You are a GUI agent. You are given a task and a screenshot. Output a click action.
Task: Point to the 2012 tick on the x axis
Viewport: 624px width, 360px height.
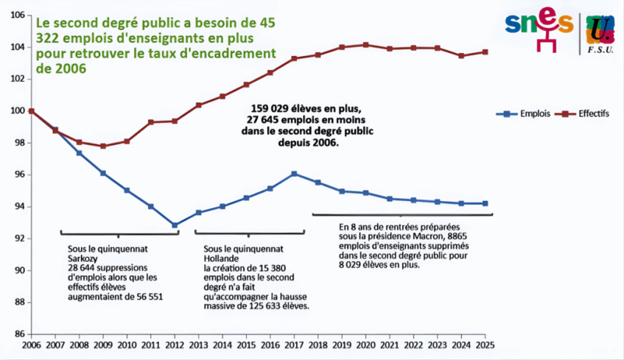tap(175, 345)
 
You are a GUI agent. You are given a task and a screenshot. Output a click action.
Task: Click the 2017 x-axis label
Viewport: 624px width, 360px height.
tap(294, 345)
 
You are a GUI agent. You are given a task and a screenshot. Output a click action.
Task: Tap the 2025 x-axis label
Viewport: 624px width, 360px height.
tap(485, 345)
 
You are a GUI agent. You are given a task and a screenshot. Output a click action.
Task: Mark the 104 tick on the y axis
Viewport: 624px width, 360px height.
tap(17, 47)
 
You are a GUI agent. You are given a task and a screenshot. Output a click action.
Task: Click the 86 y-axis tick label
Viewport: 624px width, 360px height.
tap(18, 334)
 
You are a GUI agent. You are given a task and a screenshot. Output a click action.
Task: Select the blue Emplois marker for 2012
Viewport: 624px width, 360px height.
tap(175, 225)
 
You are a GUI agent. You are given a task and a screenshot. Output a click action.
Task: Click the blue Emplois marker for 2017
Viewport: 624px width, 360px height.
tap(294, 174)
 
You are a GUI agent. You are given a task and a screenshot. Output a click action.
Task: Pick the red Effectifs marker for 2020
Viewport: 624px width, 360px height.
tap(366, 45)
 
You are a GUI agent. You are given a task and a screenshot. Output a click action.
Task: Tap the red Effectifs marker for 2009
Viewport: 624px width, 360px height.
tap(103, 146)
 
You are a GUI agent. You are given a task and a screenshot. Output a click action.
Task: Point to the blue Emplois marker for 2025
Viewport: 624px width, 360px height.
tap(485, 203)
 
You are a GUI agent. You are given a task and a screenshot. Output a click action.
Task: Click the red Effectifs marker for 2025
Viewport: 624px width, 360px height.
tap(485, 52)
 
